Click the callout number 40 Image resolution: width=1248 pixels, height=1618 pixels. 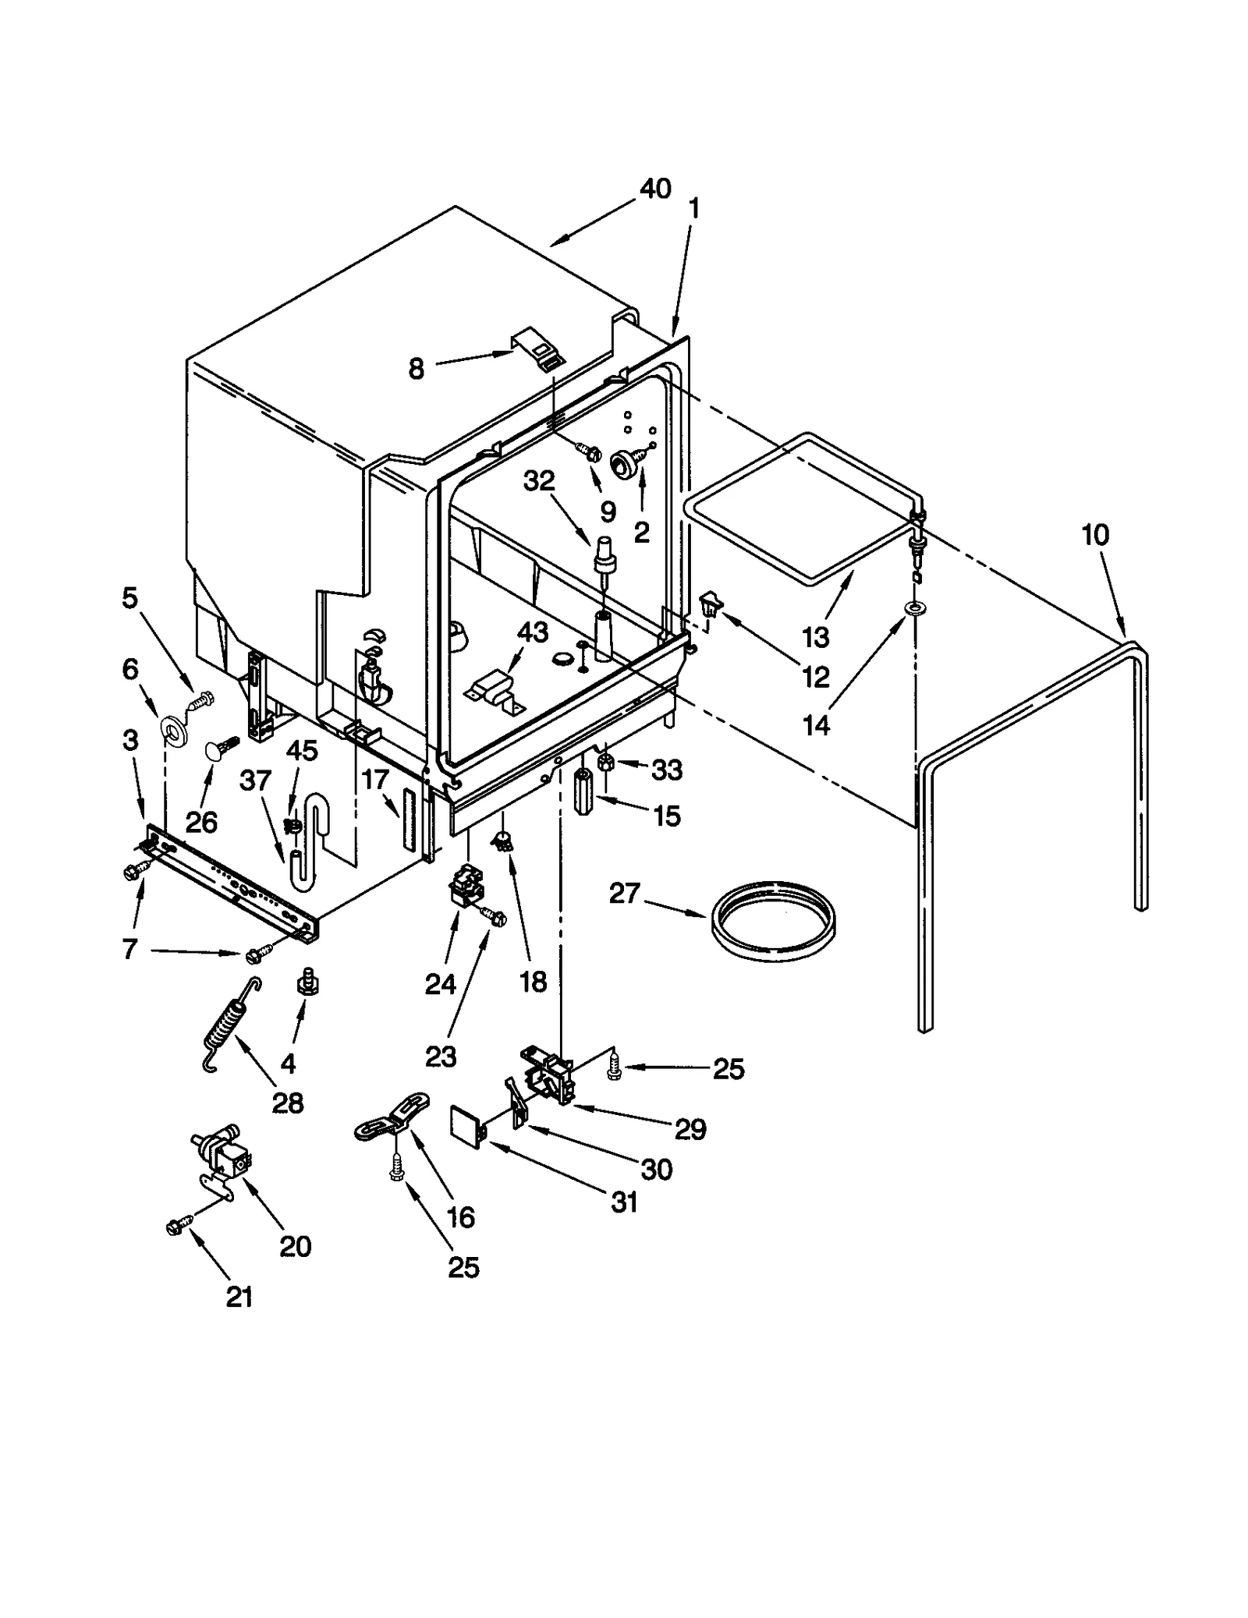coord(654,189)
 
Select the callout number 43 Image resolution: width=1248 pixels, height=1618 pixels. coord(534,632)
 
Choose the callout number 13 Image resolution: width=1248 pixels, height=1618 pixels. coord(816,636)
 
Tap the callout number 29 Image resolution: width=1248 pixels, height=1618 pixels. coord(690,1128)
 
